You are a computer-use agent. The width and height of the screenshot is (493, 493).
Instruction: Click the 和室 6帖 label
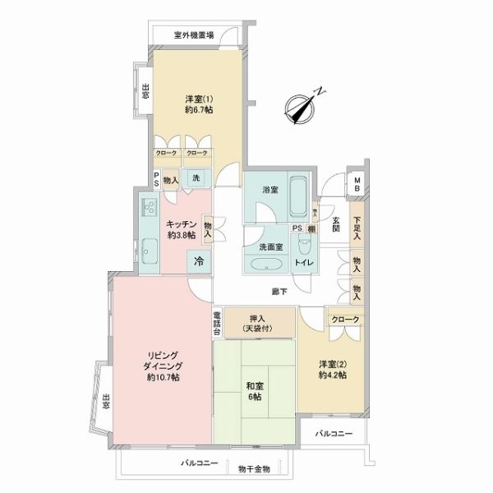pos(254,390)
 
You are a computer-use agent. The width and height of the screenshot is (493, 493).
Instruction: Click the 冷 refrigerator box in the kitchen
pos(198,262)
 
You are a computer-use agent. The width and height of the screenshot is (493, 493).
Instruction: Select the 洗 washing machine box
pos(196,177)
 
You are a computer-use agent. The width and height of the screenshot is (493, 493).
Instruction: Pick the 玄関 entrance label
pos(336,223)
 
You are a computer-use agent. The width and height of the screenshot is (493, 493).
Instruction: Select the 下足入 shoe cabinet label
pos(357,227)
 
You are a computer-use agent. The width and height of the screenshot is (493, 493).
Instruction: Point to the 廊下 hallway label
pos(281,292)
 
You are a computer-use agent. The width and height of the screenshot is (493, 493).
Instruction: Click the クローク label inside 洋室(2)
pos(345,318)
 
